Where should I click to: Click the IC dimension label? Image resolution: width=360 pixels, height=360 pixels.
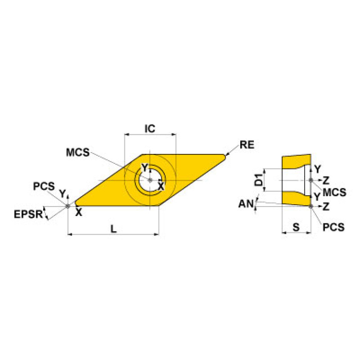click(x=150, y=128)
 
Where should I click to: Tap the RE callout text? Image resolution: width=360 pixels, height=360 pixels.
click(x=246, y=145)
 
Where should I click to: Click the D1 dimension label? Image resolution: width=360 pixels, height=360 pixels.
click(x=258, y=179)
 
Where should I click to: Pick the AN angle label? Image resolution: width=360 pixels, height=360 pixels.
click(x=245, y=204)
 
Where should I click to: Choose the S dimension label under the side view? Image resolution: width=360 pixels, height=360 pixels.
click(x=296, y=227)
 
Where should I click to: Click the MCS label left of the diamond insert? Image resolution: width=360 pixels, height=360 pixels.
click(x=77, y=153)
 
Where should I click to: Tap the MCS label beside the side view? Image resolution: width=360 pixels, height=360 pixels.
click(x=334, y=192)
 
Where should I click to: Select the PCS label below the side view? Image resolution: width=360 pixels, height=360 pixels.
click(x=334, y=227)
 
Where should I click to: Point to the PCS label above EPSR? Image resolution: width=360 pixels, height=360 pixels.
click(x=44, y=186)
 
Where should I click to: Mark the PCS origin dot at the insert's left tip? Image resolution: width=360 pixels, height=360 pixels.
click(x=68, y=206)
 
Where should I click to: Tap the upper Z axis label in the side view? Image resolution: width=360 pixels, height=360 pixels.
click(x=326, y=180)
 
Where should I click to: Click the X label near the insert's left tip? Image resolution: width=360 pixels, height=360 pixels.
click(x=79, y=212)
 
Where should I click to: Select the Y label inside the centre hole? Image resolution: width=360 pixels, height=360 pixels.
click(x=145, y=168)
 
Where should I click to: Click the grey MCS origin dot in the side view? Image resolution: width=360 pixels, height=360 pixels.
click(x=311, y=180)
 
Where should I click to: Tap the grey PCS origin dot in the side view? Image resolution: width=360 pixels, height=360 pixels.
click(x=311, y=206)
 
